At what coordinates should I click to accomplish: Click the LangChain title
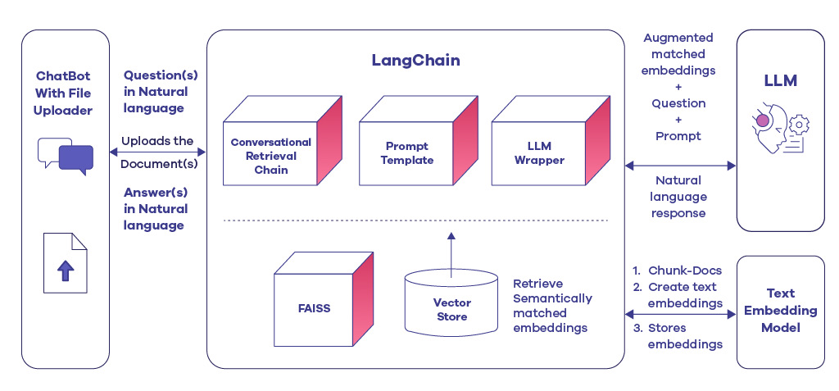tap(415, 61)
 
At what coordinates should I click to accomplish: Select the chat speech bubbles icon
tap(66, 157)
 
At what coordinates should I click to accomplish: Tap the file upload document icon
tap(66, 263)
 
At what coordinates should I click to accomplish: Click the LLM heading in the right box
tap(779, 81)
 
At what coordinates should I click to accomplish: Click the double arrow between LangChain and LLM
tap(680, 166)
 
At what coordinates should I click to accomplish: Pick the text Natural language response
tap(678, 197)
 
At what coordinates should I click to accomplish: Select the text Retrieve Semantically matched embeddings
tap(551, 305)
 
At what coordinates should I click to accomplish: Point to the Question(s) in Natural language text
tap(156, 92)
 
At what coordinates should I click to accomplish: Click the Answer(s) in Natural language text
tap(156, 209)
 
